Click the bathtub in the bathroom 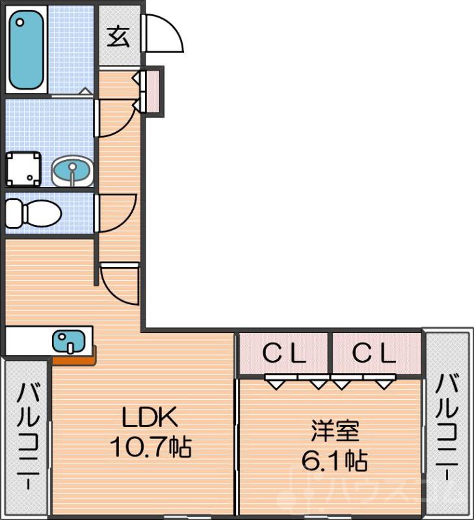tap(27, 49)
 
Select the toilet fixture tap(33, 213)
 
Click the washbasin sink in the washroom tap(72, 171)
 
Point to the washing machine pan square tap(23, 170)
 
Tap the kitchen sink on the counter tap(68, 341)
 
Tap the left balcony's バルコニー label tap(27, 436)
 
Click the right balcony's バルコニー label tap(448, 426)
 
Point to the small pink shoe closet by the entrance tap(153, 90)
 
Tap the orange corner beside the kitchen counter tap(75, 356)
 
